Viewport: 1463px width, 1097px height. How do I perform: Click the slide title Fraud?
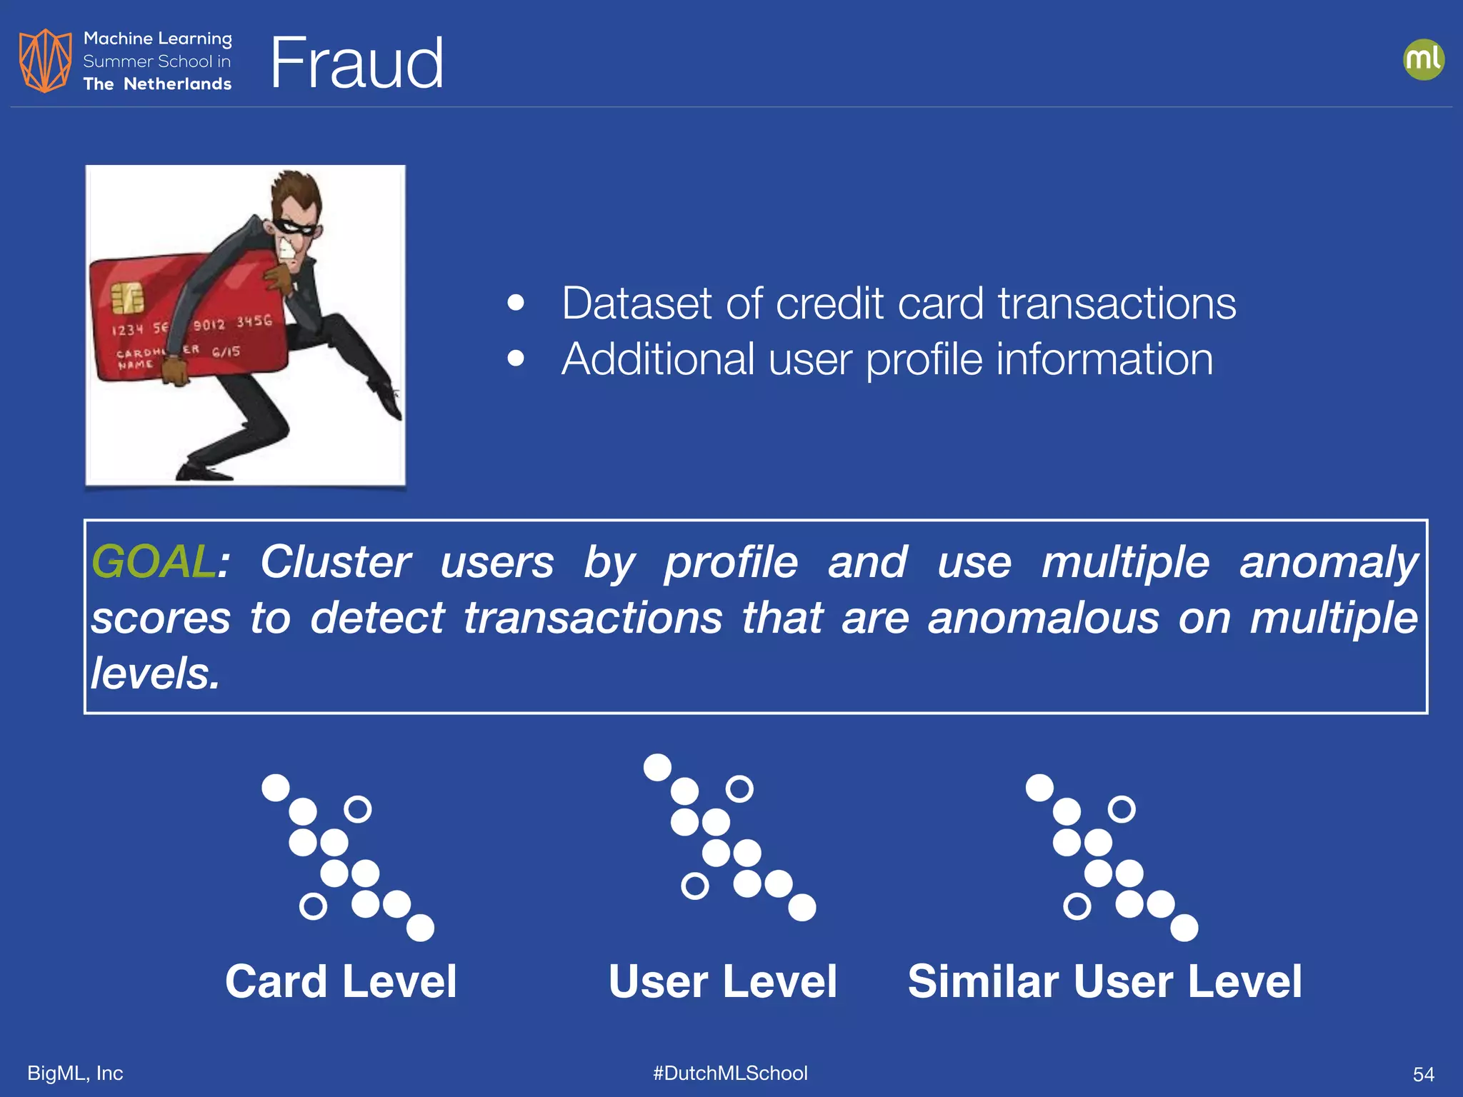click(356, 64)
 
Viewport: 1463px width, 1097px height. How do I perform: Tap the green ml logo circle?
click(1423, 59)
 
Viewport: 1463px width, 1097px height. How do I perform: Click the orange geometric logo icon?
click(45, 61)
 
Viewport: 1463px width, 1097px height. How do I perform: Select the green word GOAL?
click(153, 561)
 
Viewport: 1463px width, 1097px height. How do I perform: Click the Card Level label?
click(341, 981)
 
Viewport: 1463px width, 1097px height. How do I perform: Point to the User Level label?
click(722, 981)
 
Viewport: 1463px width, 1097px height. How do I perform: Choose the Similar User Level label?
click(1104, 981)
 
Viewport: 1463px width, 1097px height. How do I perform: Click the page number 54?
click(1423, 1074)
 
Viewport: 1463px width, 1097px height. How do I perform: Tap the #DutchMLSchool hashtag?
click(730, 1073)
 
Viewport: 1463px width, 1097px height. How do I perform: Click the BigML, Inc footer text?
click(75, 1073)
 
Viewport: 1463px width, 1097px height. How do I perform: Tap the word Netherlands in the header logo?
click(177, 84)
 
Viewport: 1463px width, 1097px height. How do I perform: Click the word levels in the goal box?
click(154, 673)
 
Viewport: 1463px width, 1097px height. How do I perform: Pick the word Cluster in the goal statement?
click(335, 561)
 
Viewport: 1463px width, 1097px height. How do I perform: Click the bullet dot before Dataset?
click(516, 303)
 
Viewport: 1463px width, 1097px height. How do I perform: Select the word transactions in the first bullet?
click(1117, 304)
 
